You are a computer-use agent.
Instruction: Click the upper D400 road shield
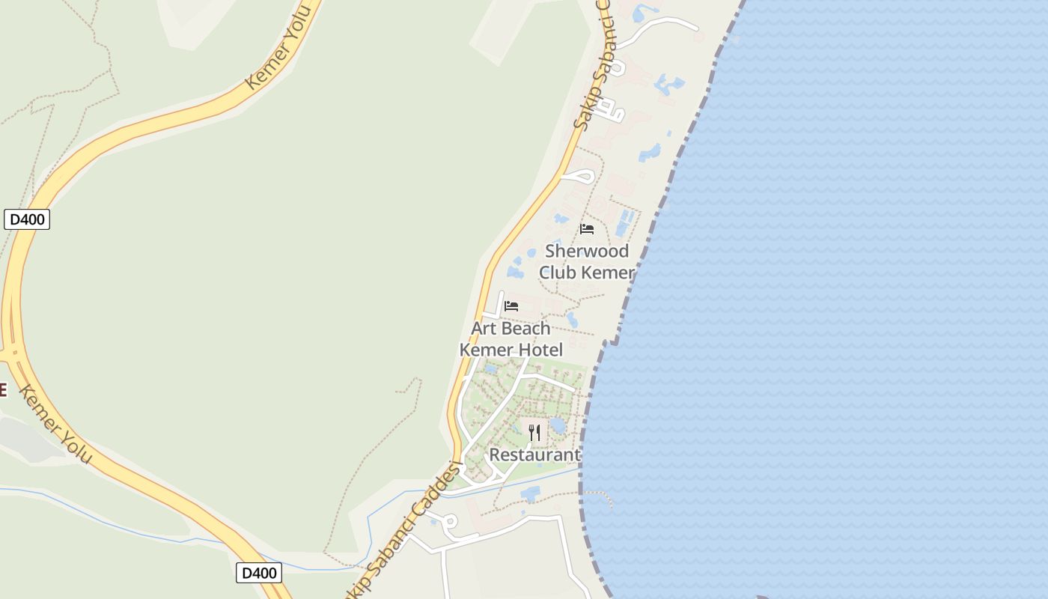coord(27,219)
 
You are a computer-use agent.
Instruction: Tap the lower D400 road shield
coord(259,573)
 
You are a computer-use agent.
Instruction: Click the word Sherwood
coord(587,251)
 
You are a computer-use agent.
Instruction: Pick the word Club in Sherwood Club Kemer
coord(557,273)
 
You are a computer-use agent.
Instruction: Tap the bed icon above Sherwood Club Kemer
coord(587,229)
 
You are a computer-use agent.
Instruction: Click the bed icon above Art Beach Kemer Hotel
coord(511,306)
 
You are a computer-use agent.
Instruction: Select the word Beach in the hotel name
coord(528,329)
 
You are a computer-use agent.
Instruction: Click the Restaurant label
coord(534,454)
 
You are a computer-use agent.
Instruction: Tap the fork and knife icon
coord(534,433)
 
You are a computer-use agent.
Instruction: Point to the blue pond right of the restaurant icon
coord(558,426)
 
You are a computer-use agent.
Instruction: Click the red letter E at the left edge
coord(3,390)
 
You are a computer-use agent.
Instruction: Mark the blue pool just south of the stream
coord(530,493)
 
